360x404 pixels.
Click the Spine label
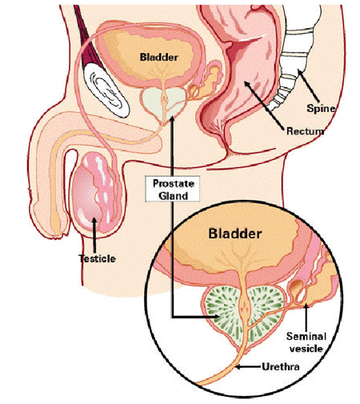coord(321,109)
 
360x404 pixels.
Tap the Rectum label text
coord(306,131)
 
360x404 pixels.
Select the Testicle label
coord(98,258)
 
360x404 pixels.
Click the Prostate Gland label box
coord(173,189)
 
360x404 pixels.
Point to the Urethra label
coord(281,366)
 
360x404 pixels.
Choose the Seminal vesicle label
coord(306,342)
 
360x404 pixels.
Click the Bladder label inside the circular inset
coord(235,234)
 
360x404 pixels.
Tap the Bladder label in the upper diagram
coord(159,57)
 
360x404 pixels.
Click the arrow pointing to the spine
coord(309,86)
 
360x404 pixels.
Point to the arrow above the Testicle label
coord(94,235)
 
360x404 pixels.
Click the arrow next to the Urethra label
coord(248,367)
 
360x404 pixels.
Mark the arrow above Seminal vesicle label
coord(306,317)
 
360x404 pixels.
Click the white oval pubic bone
coord(106,90)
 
